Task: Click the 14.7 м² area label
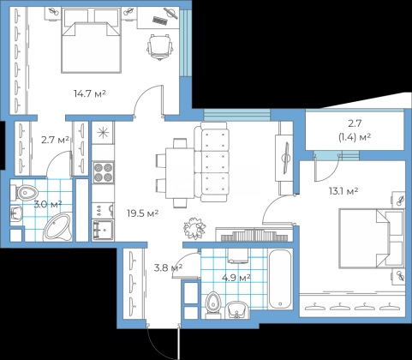(x=90, y=93)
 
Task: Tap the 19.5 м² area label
(x=143, y=213)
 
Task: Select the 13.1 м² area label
(x=343, y=191)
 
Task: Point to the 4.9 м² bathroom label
(x=236, y=278)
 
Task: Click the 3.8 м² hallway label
(x=168, y=268)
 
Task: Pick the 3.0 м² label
(x=48, y=205)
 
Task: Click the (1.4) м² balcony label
(x=355, y=138)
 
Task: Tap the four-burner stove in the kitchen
(x=103, y=172)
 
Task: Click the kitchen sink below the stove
(x=103, y=230)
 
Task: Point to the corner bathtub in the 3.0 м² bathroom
(x=58, y=227)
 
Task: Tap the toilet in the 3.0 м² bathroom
(x=24, y=192)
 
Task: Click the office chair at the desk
(x=160, y=47)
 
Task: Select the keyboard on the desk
(x=160, y=21)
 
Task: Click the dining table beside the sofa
(x=180, y=173)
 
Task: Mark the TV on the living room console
(x=286, y=158)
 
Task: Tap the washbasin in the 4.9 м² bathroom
(x=237, y=309)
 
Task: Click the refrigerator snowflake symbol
(x=103, y=133)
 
